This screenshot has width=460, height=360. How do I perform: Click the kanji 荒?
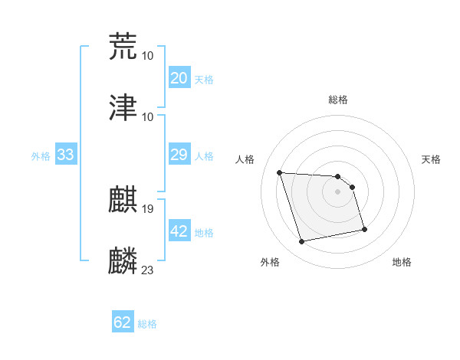123,47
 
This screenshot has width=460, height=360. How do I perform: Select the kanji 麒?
123,200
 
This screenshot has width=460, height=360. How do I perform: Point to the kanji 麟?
123,261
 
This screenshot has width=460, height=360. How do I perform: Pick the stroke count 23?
147,270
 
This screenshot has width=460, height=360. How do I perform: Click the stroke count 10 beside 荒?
147,55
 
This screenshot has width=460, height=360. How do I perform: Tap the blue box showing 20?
179,78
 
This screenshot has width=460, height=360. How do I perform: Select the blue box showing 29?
179,155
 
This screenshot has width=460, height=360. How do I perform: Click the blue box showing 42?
179,231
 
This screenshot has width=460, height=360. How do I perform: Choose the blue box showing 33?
65,155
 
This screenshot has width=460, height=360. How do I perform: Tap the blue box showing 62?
123,322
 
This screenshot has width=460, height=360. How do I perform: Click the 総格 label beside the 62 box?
147,324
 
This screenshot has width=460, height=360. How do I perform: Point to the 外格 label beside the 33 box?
41,156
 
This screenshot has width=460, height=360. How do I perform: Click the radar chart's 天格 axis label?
431,159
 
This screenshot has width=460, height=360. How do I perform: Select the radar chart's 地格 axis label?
402,262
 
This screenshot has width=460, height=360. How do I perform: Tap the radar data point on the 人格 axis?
280,172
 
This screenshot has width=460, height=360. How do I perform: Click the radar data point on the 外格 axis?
302,242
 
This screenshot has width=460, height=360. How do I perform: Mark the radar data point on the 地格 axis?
364,228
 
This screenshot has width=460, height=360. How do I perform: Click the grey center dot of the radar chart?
337,191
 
